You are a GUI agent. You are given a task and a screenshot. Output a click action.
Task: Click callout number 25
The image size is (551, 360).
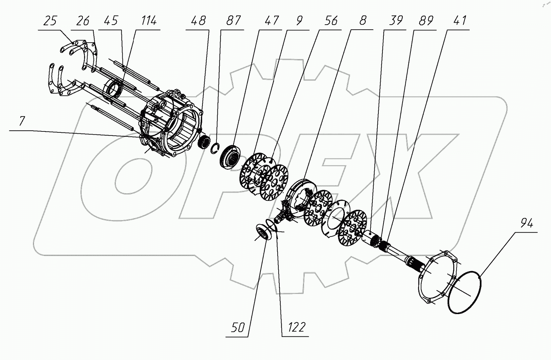[x=50, y=21]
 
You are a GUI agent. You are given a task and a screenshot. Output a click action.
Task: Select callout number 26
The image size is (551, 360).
[x=83, y=21]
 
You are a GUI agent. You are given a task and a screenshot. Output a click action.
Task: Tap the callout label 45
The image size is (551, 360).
[x=111, y=21]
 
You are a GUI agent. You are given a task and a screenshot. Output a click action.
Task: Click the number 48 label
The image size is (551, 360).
[x=198, y=21]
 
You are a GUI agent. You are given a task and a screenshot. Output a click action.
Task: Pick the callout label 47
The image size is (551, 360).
[x=271, y=21]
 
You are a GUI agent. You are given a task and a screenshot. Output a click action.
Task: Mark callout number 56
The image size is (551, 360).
[x=331, y=21]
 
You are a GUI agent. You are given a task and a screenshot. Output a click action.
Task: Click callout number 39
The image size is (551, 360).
[x=396, y=21]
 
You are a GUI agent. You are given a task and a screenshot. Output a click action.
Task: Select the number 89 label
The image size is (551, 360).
[x=426, y=21]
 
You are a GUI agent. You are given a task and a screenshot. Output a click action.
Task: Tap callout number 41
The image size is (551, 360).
[x=460, y=21]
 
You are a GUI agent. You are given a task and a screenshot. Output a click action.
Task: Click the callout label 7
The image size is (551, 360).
[x=22, y=122]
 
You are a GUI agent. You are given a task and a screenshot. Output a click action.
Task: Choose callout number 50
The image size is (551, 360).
[x=238, y=328]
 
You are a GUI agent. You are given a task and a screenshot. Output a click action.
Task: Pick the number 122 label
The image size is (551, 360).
[x=297, y=327]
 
